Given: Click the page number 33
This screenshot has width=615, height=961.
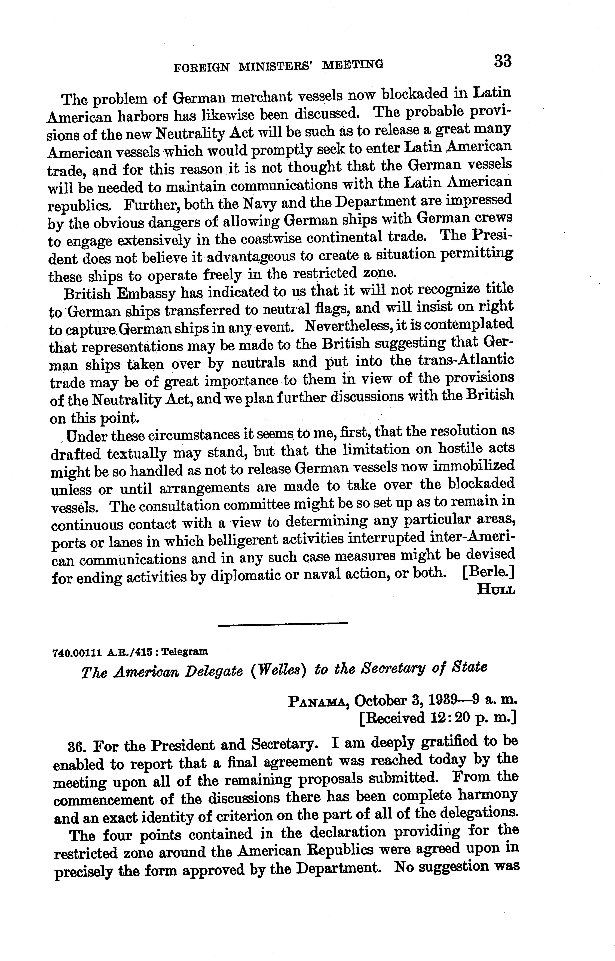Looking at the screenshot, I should click(x=502, y=62).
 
